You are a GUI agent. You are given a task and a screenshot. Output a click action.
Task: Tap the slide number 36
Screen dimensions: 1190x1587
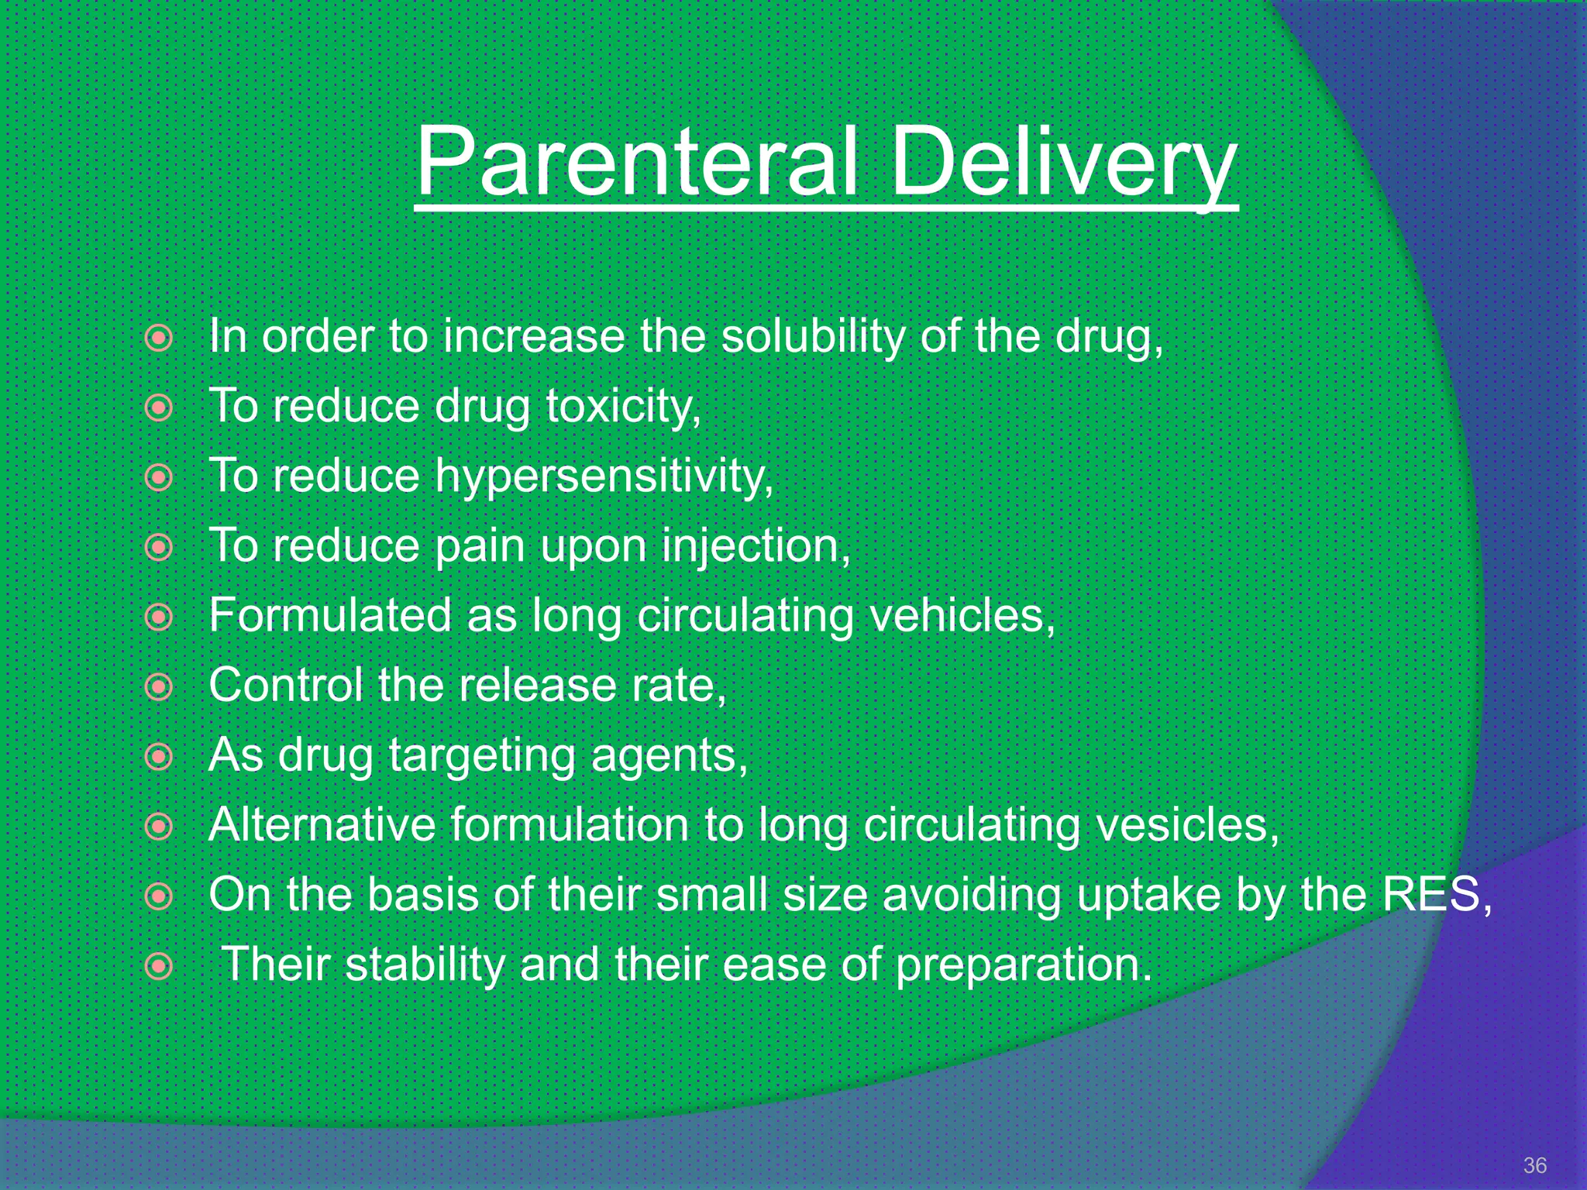point(1534,1165)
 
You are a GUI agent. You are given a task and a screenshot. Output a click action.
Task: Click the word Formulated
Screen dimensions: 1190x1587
point(330,616)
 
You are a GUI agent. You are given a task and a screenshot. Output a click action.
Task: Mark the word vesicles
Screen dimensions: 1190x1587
point(1186,824)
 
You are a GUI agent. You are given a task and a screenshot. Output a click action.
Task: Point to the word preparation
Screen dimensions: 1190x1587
point(1023,965)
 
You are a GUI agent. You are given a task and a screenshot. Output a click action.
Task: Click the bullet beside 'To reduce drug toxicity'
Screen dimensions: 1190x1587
point(159,408)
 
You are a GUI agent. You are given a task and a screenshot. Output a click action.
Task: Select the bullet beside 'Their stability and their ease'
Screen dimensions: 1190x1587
point(159,966)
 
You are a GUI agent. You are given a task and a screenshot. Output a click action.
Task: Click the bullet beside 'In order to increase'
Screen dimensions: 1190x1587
point(159,338)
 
